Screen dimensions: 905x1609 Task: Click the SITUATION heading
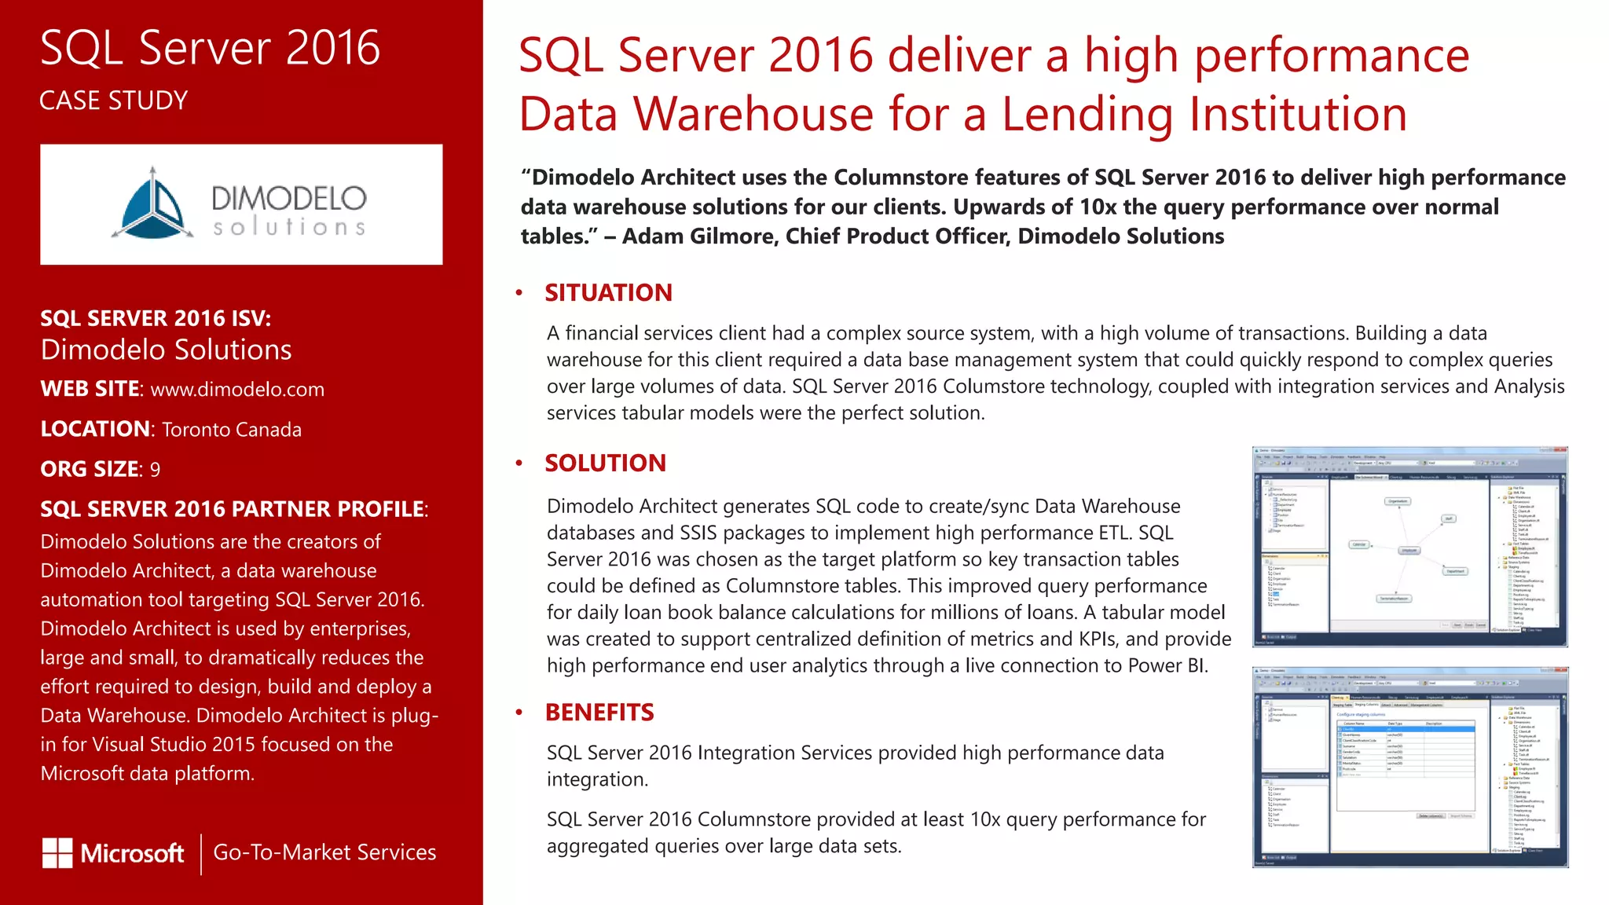(x=608, y=293)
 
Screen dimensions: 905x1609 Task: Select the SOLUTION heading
(x=605, y=463)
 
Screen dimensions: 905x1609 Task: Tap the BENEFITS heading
(x=599, y=713)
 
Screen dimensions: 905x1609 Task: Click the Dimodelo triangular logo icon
(x=152, y=204)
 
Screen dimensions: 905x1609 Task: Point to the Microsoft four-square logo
(x=57, y=853)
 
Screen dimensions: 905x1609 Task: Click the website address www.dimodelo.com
(x=237, y=390)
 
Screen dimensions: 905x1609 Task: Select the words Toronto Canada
(x=232, y=430)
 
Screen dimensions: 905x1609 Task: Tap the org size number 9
(x=156, y=470)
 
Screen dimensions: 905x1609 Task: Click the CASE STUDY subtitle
(x=114, y=101)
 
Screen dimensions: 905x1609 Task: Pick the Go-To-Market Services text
(x=324, y=852)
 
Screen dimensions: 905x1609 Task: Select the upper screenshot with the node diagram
(x=1409, y=547)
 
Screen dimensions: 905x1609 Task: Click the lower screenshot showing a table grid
(x=1409, y=768)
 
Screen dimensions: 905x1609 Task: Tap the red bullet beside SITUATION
(x=519, y=293)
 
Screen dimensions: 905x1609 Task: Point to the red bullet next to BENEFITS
(x=519, y=713)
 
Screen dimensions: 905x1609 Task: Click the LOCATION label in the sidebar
(x=95, y=430)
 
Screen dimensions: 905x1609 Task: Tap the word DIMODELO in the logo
(x=288, y=198)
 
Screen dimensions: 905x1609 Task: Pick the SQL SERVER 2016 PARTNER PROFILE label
(x=233, y=509)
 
